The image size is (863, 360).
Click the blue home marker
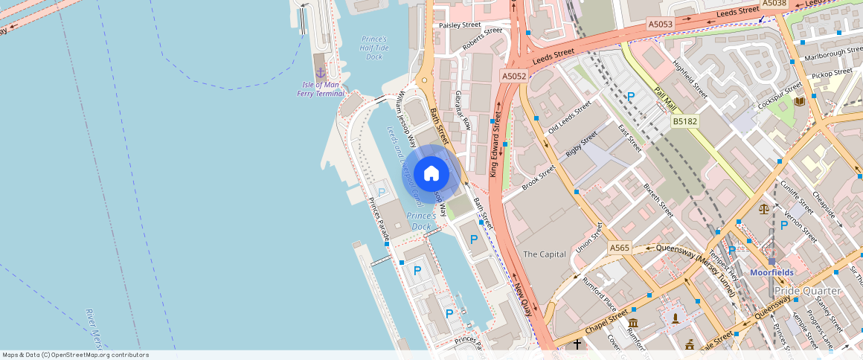(431, 174)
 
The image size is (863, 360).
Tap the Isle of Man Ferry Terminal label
(321, 89)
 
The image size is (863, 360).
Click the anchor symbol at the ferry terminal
(321, 73)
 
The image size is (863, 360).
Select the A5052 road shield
(514, 76)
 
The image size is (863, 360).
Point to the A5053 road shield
(660, 25)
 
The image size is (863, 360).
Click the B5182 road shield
(684, 120)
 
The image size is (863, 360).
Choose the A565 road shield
(619, 248)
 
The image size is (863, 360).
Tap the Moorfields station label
(771, 272)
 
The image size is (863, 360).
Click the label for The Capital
(545, 254)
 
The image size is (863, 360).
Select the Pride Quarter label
(807, 291)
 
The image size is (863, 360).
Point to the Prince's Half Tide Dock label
(374, 48)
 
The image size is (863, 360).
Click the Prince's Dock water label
(420, 221)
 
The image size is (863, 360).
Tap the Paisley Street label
(460, 25)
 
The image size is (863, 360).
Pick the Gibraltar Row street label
(463, 111)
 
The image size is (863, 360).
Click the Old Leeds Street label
(569, 117)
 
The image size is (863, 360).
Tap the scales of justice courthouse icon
(764, 208)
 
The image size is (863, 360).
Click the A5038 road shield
(774, 4)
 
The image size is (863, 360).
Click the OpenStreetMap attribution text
(75, 355)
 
